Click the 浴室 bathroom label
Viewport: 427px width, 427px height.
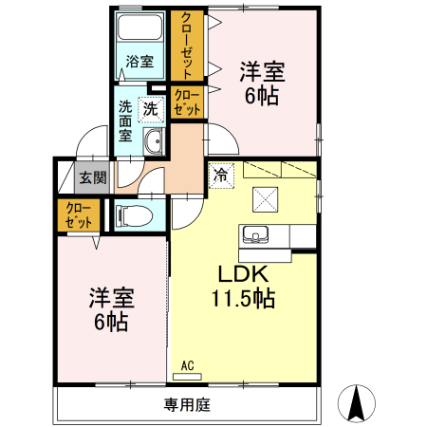point(139,62)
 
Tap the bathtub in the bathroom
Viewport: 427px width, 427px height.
point(140,30)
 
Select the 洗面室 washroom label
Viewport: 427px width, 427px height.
point(125,121)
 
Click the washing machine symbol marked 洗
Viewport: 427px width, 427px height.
point(150,109)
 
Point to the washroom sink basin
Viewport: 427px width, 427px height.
point(155,142)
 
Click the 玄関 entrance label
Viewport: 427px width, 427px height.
point(92,176)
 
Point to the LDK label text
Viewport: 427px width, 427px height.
point(242,275)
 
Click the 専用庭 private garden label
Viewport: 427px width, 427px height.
point(186,405)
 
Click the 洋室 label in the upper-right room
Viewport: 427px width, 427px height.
point(262,70)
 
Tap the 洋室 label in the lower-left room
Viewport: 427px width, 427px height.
point(111,297)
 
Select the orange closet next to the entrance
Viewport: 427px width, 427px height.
point(78,215)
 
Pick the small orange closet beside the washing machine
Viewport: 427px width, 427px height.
point(186,102)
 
